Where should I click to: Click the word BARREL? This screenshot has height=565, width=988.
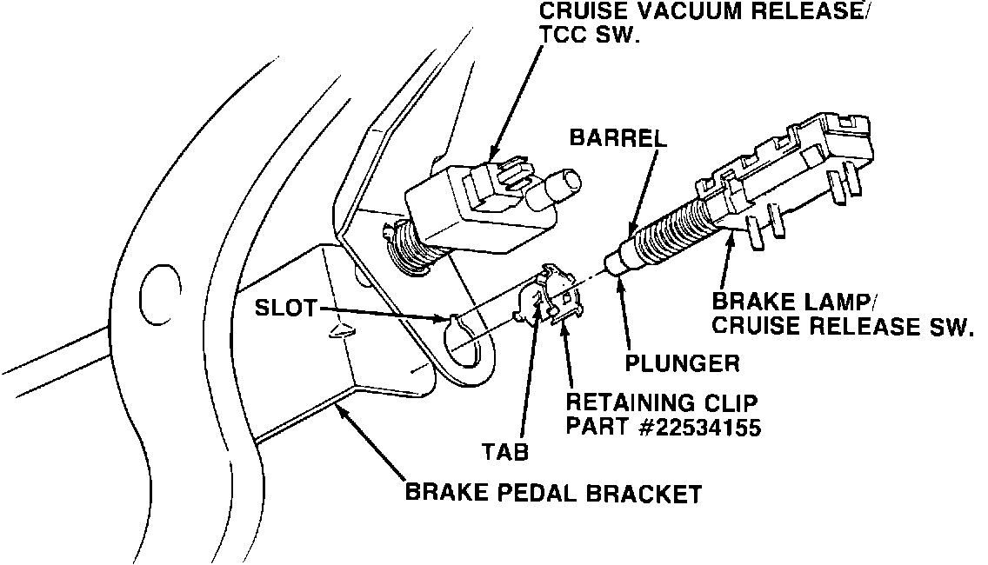[x=617, y=138]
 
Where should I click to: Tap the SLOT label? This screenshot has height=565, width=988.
[x=284, y=309]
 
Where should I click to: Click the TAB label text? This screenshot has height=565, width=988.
[x=504, y=451]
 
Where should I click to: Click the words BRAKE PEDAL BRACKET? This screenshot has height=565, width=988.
[x=553, y=495]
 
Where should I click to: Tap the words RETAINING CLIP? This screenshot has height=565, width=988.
[x=663, y=404]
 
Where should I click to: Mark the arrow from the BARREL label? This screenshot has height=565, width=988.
[x=644, y=187]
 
